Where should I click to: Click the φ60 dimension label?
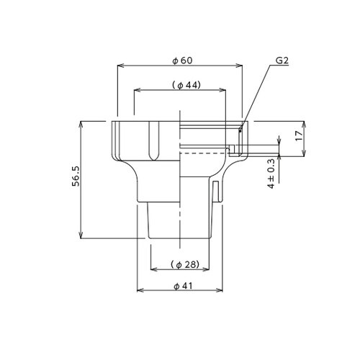[x=182, y=60]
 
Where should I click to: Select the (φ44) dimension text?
[x=186, y=85]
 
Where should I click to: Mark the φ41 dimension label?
[x=181, y=286]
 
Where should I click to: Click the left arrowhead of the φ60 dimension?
[x=120, y=66]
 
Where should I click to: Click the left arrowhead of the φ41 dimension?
[x=140, y=290]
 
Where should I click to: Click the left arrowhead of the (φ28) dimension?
[x=152, y=269]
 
